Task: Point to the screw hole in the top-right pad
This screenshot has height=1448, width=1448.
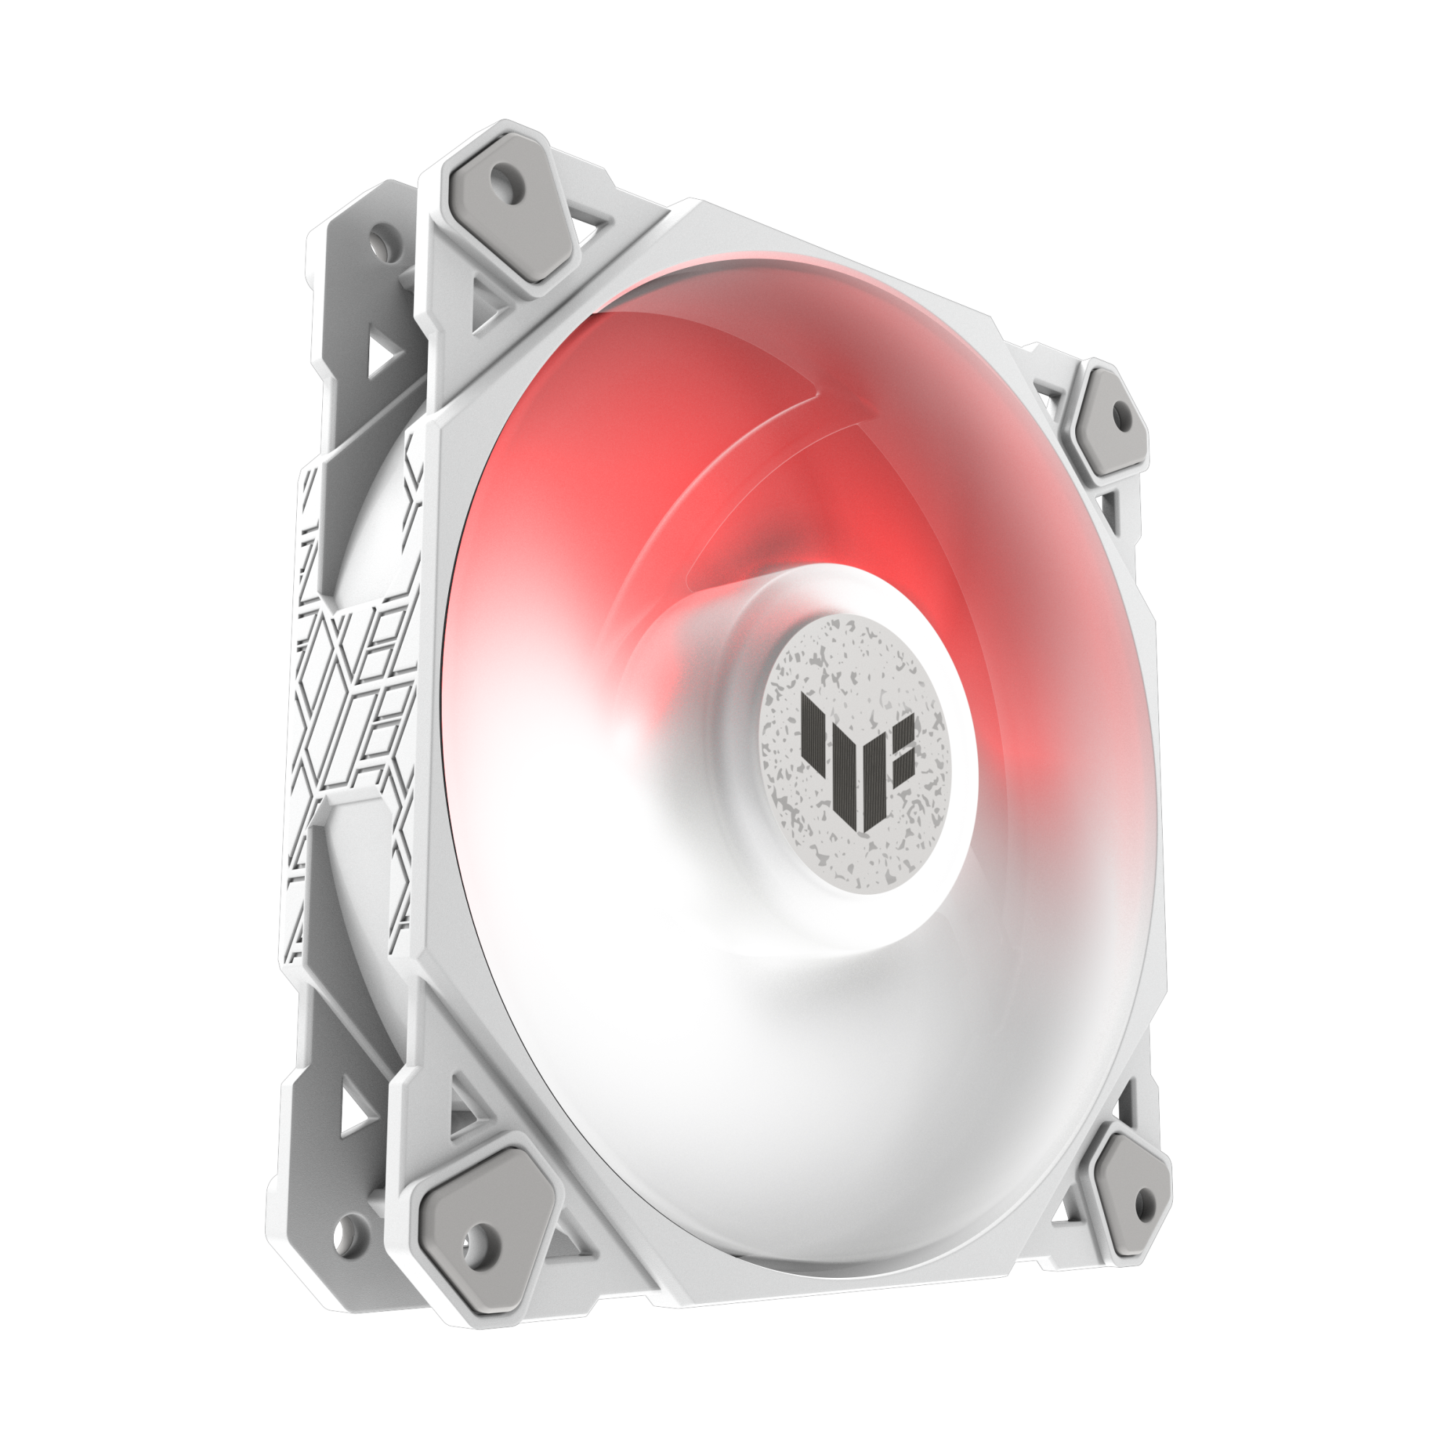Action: pos(1121,413)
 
